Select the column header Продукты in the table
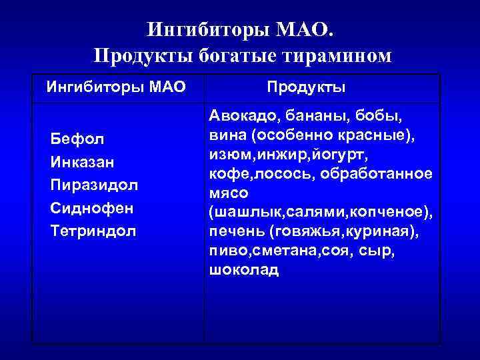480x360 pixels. point(306,87)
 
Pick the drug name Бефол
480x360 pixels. point(77,139)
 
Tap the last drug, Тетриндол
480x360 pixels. point(93,231)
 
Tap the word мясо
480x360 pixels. point(229,193)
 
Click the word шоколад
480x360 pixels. point(244,271)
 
